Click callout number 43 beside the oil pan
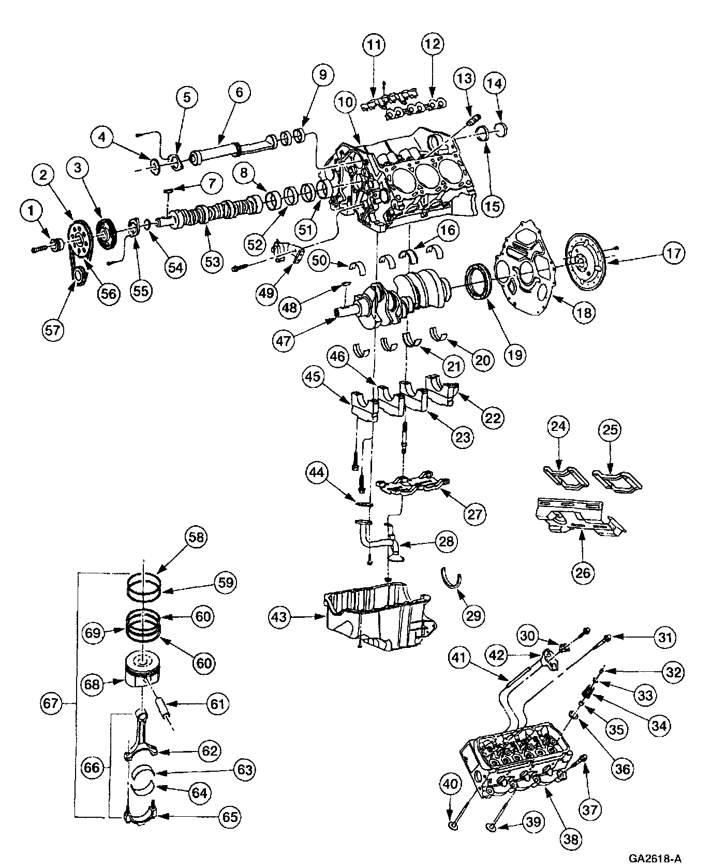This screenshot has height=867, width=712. [280, 616]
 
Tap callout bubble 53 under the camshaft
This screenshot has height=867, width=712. [212, 262]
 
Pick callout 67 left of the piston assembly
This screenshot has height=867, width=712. [53, 704]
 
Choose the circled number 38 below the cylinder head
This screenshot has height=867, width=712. [571, 837]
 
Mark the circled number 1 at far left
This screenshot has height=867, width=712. [33, 211]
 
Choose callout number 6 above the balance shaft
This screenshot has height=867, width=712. [239, 93]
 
